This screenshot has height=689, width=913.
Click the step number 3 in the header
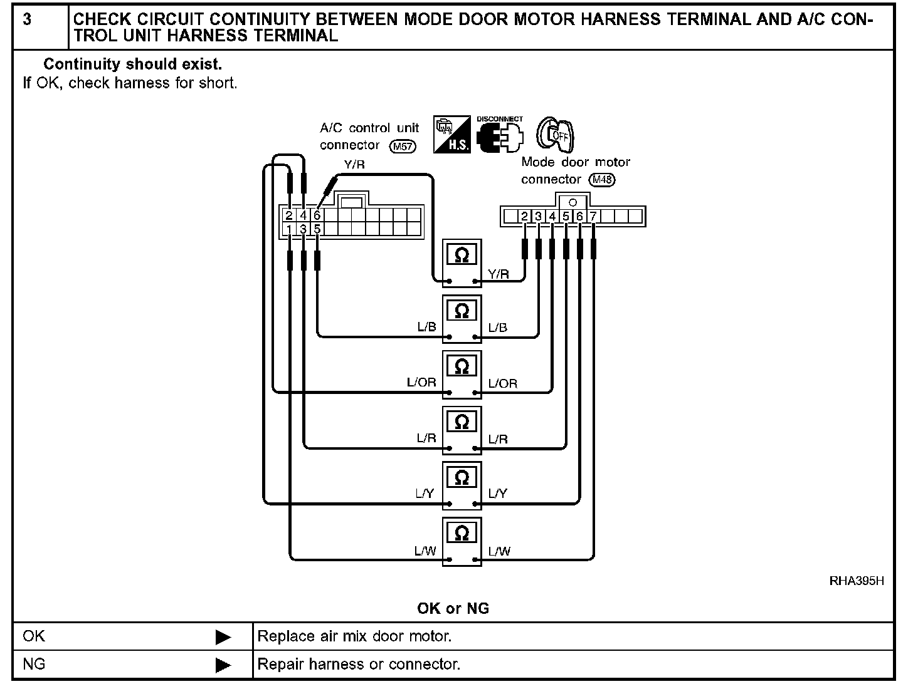[x=27, y=19]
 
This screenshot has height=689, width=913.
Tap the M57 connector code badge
[x=402, y=147]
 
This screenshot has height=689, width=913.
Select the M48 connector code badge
[x=603, y=180]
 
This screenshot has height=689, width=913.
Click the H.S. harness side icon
[x=453, y=134]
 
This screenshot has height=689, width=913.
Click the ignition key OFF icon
[x=556, y=133]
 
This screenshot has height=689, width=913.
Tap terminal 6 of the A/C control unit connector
[x=317, y=215]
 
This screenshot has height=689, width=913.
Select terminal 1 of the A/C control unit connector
[x=289, y=230]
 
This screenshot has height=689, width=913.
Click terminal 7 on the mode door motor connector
[x=593, y=217]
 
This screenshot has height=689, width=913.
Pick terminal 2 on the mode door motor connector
[x=525, y=217]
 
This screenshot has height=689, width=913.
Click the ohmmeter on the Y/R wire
[x=462, y=262]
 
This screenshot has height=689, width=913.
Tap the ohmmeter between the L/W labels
[x=462, y=541]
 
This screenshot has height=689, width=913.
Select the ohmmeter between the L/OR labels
[x=462, y=374]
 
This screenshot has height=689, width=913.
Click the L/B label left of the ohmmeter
[x=426, y=327]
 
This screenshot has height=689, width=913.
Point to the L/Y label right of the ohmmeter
[x=498, y=494]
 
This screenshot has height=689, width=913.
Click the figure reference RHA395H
[x=857, y=581]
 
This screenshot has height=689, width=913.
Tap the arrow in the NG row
[x=223, y=665]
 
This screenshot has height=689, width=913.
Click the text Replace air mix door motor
[x=354, y=637]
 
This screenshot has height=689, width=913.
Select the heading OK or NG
[x=453, y=608]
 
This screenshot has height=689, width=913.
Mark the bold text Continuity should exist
[x=132, y=64]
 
